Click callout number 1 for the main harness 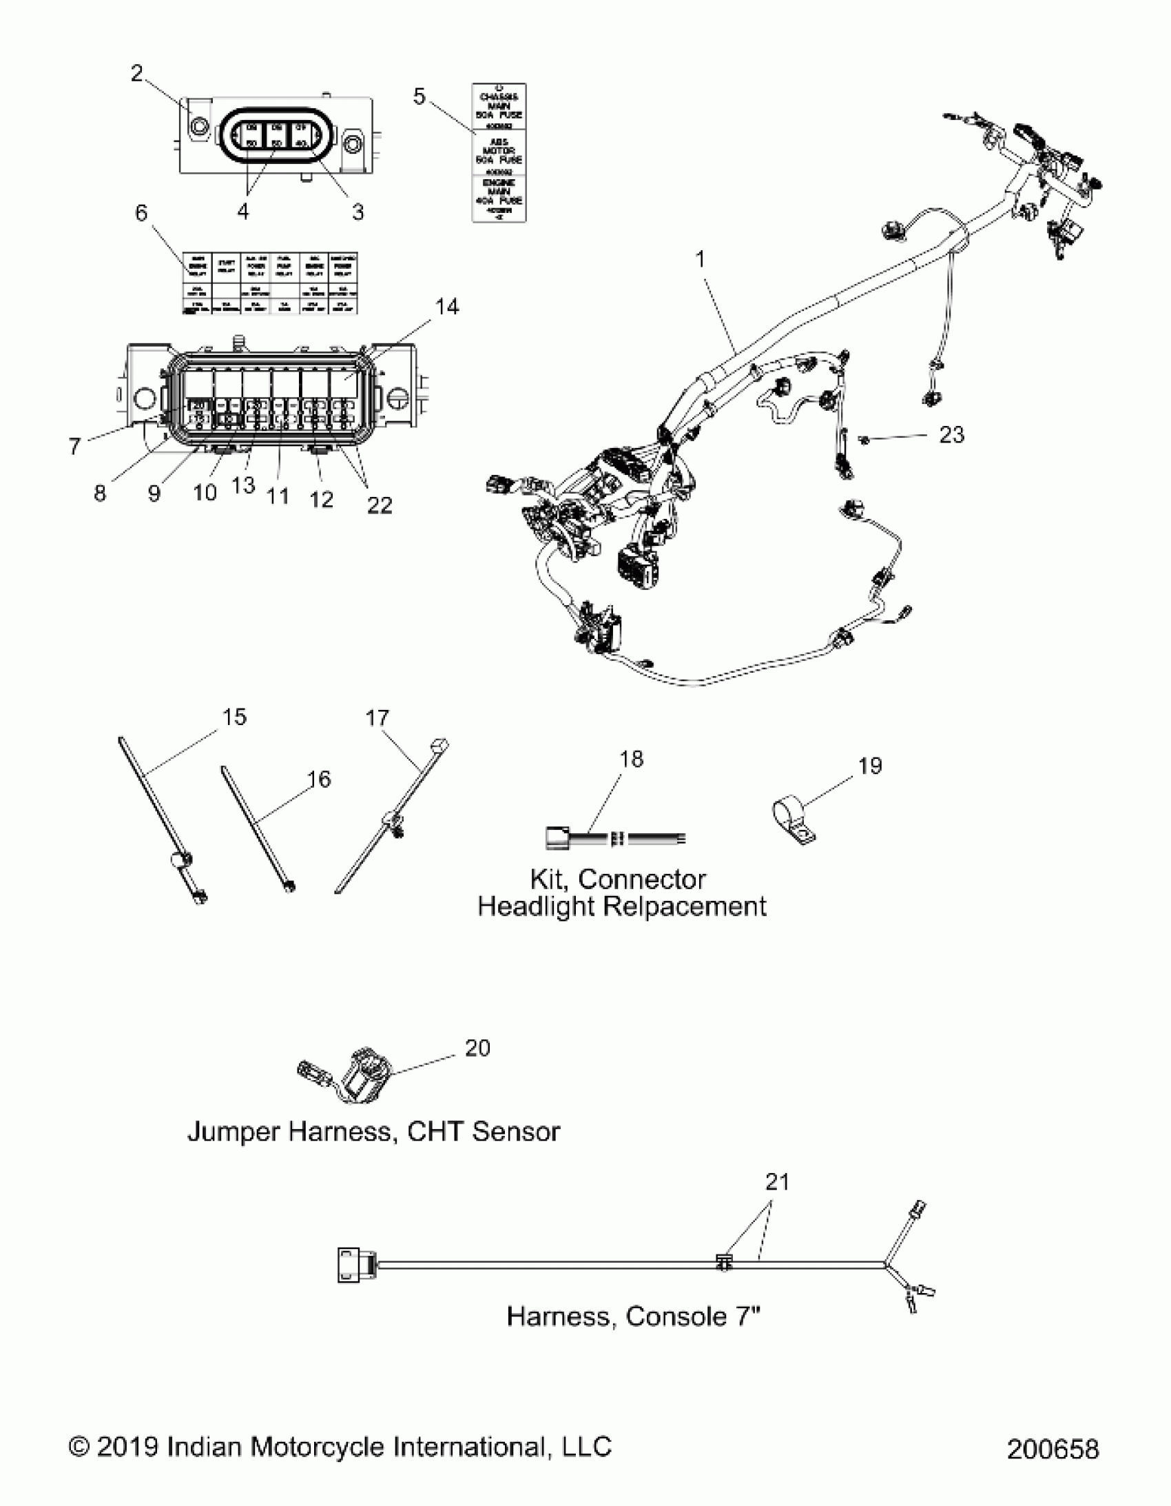[x=701, y=260]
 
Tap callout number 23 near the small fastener [x=951, y=434]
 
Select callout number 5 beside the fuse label [x=419, y=96]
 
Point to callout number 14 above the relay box [x=447, y=306]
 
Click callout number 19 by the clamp [x=870, y=766]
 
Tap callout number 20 [x=477, y=1048]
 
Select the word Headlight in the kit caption [x=536, y=906]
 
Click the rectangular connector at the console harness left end [x=355, y=1265]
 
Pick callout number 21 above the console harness [x=777, y=1182]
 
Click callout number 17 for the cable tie [x=377, y=718]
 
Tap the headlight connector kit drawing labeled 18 [x=614, y=839]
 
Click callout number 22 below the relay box [x=379, y=505]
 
